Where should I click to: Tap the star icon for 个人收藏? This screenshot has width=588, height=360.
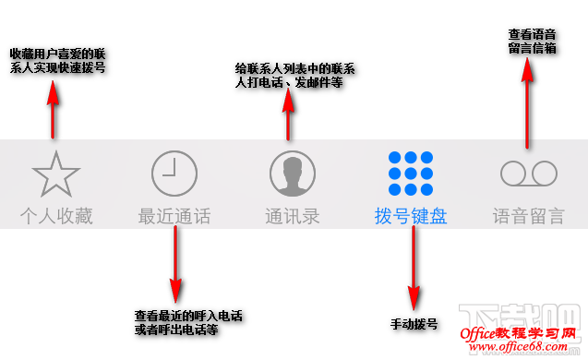point(56,174)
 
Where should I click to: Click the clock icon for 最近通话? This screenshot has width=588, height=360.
point(174,174)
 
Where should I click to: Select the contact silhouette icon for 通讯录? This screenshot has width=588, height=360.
point(293,174)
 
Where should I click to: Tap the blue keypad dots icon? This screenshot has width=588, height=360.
point(411,174)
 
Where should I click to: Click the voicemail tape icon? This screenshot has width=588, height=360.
point(529,174)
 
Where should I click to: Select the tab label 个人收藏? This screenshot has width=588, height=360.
point(56,218)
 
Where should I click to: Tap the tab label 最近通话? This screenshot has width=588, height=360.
point(174,218)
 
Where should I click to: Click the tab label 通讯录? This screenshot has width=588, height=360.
point(293,218)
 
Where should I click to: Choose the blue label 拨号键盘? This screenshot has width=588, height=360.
point(411,218)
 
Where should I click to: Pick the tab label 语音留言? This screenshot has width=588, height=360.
point(529,218)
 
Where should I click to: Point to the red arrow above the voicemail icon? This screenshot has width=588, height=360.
point(527,106)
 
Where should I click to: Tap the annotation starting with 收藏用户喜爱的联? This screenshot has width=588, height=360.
point(57,61)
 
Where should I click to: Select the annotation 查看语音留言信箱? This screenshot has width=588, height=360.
point(533,41)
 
